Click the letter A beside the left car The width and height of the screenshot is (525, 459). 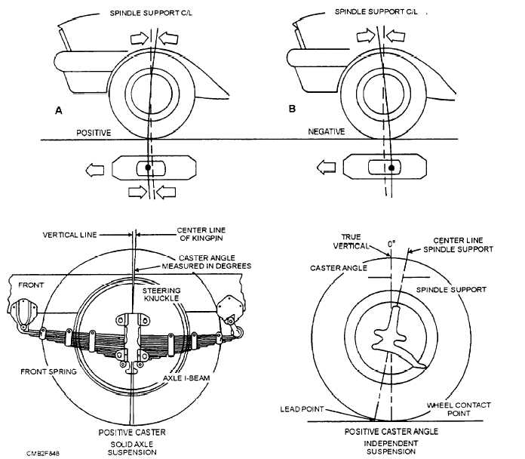(58, 110)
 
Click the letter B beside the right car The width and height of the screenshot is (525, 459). (293, 109)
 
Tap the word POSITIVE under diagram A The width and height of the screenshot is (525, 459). (94, 132)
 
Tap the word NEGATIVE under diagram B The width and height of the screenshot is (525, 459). (326, 131)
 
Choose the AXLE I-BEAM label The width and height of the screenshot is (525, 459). (188, 378)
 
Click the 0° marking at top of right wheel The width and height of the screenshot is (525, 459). (390, 244)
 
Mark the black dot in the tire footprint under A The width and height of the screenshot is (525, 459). (148, 166)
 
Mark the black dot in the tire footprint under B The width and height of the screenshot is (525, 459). (391, 166)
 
